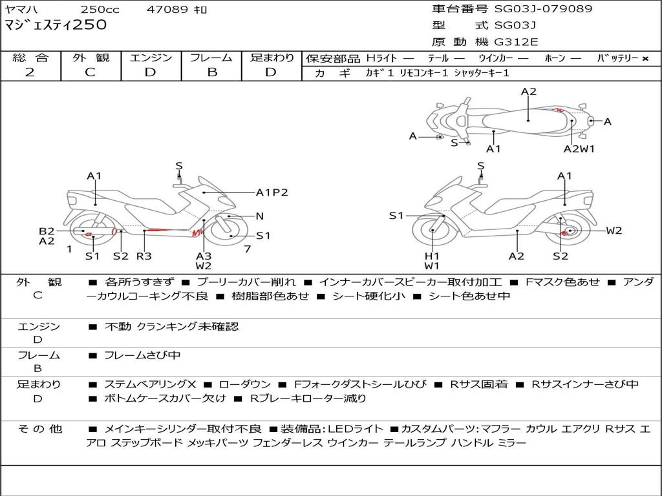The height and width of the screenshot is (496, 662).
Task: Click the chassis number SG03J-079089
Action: tap(543, 9)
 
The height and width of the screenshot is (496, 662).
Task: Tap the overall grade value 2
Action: tap(30, 72)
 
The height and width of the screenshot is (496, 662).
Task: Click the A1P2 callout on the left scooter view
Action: tap(272, 192)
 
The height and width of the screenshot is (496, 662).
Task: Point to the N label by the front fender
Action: tap(260, 216)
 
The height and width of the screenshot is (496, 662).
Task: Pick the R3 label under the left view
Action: tap(144, 256)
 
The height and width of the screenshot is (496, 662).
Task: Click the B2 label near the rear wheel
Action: tap(47, 231)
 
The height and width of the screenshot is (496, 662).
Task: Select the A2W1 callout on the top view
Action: tap(579, 149)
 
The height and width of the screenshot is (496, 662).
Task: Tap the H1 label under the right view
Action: tap(432, 256)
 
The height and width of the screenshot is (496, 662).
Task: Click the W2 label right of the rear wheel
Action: tap(614, 231)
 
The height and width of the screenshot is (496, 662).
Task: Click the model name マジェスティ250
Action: tap(56, 25)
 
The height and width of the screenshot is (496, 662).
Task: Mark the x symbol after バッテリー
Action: tap(645, 59)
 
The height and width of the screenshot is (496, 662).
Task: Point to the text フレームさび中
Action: tap(142, 356)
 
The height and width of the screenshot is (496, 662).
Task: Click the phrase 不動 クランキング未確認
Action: tap(171, 326)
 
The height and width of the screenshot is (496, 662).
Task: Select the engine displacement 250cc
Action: tap(100, 9)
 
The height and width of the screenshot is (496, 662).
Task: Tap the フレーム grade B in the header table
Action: tap(212, 72)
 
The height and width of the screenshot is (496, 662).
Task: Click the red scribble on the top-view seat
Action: tap(559, 110)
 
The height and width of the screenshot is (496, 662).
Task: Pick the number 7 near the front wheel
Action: tap(248, 249)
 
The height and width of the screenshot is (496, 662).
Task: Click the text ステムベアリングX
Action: tap(150, 384)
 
